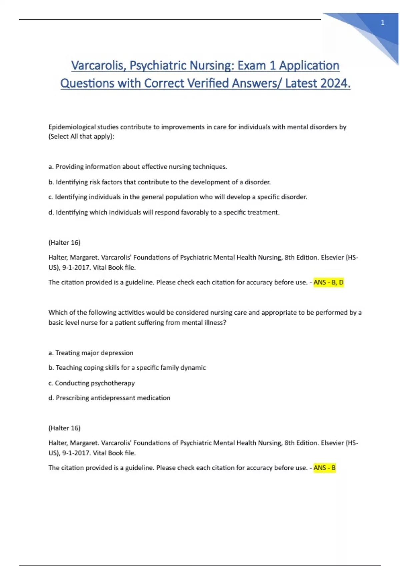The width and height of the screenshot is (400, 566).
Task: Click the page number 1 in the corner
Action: click(382, 23)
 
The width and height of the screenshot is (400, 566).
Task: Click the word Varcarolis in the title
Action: click(99, 66)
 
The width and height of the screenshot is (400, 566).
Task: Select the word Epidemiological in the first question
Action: click(72, 127)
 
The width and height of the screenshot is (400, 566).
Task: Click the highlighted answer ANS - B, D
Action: click(328, 282)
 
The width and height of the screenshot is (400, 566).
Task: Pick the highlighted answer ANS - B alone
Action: click(324, 468)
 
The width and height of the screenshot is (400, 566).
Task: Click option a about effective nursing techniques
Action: click(138, 166)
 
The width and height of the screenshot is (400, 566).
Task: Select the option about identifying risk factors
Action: click(159, 182)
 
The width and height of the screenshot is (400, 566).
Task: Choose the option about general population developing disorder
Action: click(178, 197)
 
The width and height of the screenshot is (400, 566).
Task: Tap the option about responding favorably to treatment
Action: click(164, 212)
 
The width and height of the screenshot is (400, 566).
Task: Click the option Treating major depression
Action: click(91, 353)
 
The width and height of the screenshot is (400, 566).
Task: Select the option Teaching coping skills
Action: click(127, 368)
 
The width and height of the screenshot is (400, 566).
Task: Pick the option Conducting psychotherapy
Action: click(91, 383)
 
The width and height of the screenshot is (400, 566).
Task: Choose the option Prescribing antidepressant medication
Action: click(109, 398)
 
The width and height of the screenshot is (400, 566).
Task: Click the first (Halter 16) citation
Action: click(64, 242)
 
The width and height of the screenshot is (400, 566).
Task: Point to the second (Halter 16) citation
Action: click(64, 428)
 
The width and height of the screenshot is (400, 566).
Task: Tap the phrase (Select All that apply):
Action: click(81, 137)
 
